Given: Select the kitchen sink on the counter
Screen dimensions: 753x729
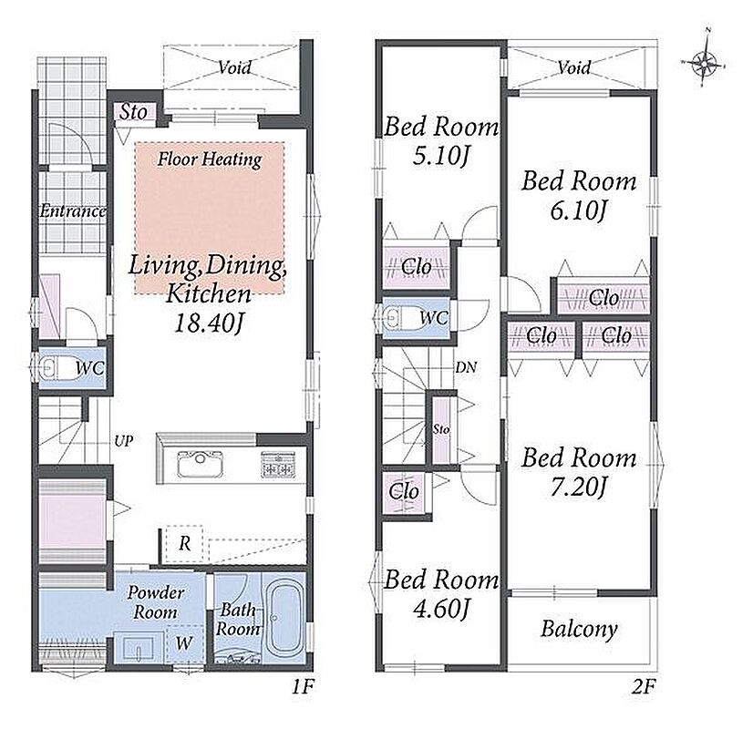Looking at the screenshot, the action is tap(200, 464).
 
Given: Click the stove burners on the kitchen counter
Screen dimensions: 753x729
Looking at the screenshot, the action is tap(278, 465).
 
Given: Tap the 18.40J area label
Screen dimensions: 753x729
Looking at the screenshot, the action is tap(208, 323).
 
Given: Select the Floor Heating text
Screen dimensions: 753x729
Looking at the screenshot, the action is tap(210, 159).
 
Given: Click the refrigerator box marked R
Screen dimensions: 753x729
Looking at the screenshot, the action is tap(184, 544).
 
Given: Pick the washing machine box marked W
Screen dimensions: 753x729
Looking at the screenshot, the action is tap(184, 643).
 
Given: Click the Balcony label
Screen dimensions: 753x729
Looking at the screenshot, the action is tap(579, 629).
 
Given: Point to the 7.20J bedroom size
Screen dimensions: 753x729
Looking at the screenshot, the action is tap(578, 488).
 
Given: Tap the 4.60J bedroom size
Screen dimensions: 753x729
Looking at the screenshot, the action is tap(440, 609).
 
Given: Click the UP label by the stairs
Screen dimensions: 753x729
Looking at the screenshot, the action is tap(123, 441).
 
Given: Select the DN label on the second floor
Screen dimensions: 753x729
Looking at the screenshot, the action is tap(466, 368).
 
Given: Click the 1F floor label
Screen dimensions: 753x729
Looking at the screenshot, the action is tap(303, 687).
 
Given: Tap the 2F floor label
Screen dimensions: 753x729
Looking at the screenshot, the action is tap(643, 687).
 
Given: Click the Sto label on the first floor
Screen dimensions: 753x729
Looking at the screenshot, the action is tap(133, 112).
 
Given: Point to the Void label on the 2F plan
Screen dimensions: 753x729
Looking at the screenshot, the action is tap(574, 67).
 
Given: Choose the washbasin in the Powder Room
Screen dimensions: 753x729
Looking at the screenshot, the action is tap(138, 647).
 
